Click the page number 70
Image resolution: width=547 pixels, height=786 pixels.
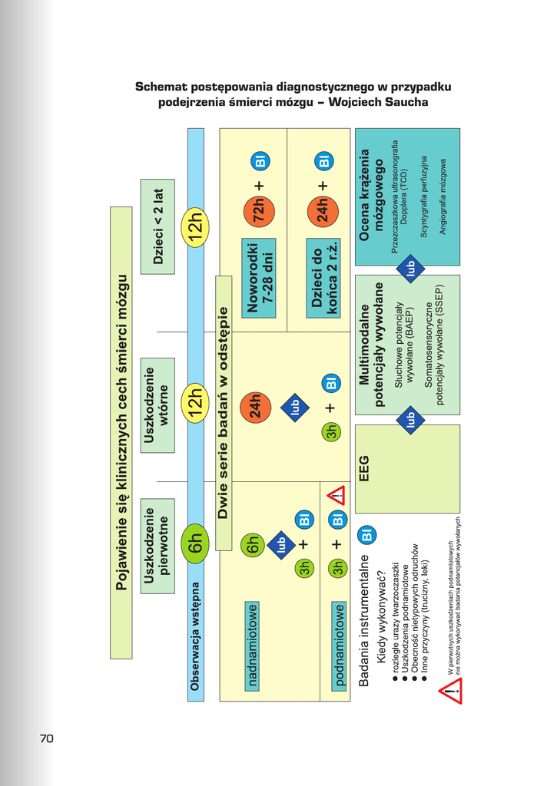pos(46,738)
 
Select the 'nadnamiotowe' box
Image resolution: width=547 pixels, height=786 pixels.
pos(253,646)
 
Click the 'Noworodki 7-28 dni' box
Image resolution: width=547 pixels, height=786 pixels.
pos(260,274)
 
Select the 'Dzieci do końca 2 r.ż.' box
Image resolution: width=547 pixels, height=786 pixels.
pos(325,279)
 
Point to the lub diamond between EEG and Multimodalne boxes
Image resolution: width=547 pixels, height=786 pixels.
pos(411,419)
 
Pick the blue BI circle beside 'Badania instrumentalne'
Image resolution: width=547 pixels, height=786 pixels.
pos(366,536)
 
